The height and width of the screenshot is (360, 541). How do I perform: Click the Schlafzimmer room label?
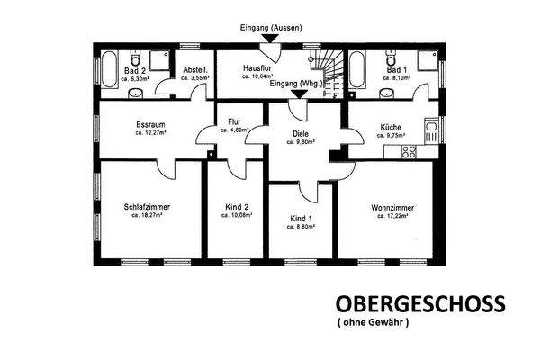tap(148, 207)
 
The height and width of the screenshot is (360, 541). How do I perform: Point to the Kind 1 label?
tap(301, 219)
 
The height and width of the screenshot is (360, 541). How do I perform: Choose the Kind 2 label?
tap(238, 207)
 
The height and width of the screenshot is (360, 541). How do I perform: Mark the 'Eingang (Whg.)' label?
tap(296, 83)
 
